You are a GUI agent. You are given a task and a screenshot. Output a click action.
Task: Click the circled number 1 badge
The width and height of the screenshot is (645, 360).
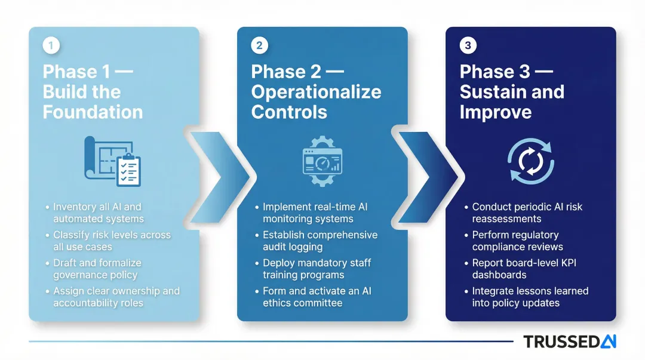[51, 46]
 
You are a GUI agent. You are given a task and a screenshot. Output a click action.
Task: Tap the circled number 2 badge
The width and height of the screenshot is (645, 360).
[260, 46]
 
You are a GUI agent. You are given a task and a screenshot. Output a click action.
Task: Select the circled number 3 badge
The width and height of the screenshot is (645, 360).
[468, 46]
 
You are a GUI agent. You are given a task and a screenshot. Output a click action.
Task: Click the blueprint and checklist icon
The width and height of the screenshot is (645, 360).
[113, 161]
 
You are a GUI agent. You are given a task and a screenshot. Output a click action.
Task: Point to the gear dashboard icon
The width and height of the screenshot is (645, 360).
[322, 161]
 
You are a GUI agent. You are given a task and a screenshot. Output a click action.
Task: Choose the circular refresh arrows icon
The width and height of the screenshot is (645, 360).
[530, 162]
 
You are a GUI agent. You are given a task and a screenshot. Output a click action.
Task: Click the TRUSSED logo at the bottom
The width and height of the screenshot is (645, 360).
[569, 341]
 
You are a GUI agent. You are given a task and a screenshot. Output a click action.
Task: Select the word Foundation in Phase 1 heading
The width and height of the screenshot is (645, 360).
[93, 112]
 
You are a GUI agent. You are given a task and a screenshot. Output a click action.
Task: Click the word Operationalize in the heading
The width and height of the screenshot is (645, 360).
[316, 92]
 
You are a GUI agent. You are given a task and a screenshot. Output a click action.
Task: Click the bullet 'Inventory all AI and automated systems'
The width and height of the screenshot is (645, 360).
[97, 213]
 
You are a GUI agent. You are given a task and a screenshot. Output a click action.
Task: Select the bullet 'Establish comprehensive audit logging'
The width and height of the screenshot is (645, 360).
[320, 241]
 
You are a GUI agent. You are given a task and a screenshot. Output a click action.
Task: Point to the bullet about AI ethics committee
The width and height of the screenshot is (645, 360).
[317, 297]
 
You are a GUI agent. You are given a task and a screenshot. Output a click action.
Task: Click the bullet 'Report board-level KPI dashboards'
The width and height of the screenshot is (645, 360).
[524, 269]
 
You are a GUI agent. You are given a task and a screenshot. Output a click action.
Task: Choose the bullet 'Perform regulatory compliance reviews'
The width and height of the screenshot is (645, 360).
[517, 241]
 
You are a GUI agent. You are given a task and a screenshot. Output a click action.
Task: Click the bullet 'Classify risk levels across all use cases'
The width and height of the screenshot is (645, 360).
[112, 241]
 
